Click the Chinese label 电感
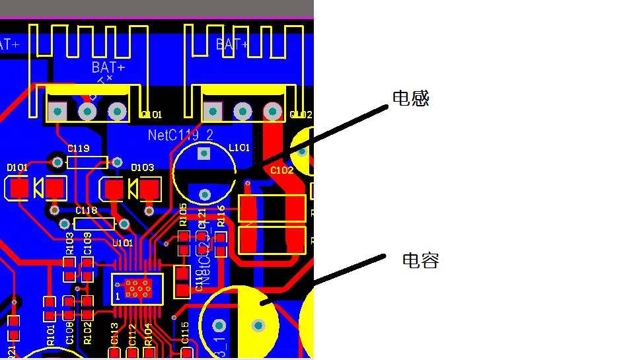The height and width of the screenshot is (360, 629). pos(411,99)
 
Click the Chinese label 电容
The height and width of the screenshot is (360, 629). pos(421,260)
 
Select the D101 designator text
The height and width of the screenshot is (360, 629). pos(17,168)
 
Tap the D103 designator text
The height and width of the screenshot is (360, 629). pos(142,168)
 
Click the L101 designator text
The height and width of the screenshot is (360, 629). pos(239,147)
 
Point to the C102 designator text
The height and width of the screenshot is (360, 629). pos(281,170)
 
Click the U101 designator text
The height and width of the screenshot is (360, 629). pos(122,242)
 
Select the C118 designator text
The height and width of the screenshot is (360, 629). pos(86,210)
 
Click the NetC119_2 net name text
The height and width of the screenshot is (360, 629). pos(180,135)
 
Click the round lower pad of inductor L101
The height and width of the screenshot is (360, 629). pos(205,194)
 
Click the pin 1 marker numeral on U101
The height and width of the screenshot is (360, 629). pos(118,297)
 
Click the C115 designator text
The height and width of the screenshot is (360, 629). pos(184,332)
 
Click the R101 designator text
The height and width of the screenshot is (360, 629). pos(51,335)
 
